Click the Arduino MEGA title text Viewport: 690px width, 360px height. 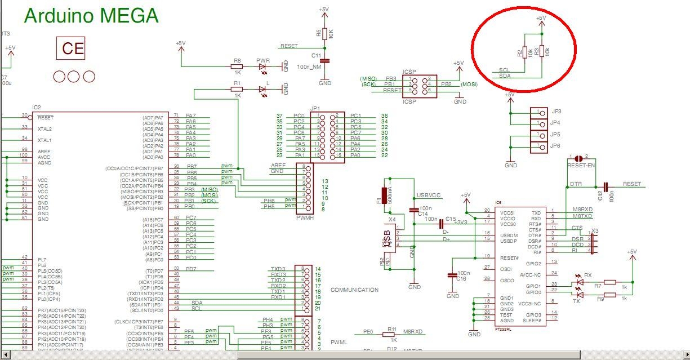coord(91,15)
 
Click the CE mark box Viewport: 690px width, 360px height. coord(73,48)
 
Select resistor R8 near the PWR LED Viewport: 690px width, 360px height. coord(237,66)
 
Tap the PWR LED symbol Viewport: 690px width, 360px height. coord(263,66)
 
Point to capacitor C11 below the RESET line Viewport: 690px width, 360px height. coord(324,60)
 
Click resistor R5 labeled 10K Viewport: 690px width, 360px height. coord(324,34)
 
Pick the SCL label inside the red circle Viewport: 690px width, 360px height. coord(505,71)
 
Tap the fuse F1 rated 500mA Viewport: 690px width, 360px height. coord(385,195)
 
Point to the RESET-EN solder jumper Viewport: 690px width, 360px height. coord(578,159)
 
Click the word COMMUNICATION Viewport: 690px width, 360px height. coord(354,290)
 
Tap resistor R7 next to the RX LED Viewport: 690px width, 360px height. coord(610,282)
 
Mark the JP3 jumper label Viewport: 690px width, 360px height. coord(555,112)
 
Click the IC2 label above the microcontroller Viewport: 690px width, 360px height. coord(37,107)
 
